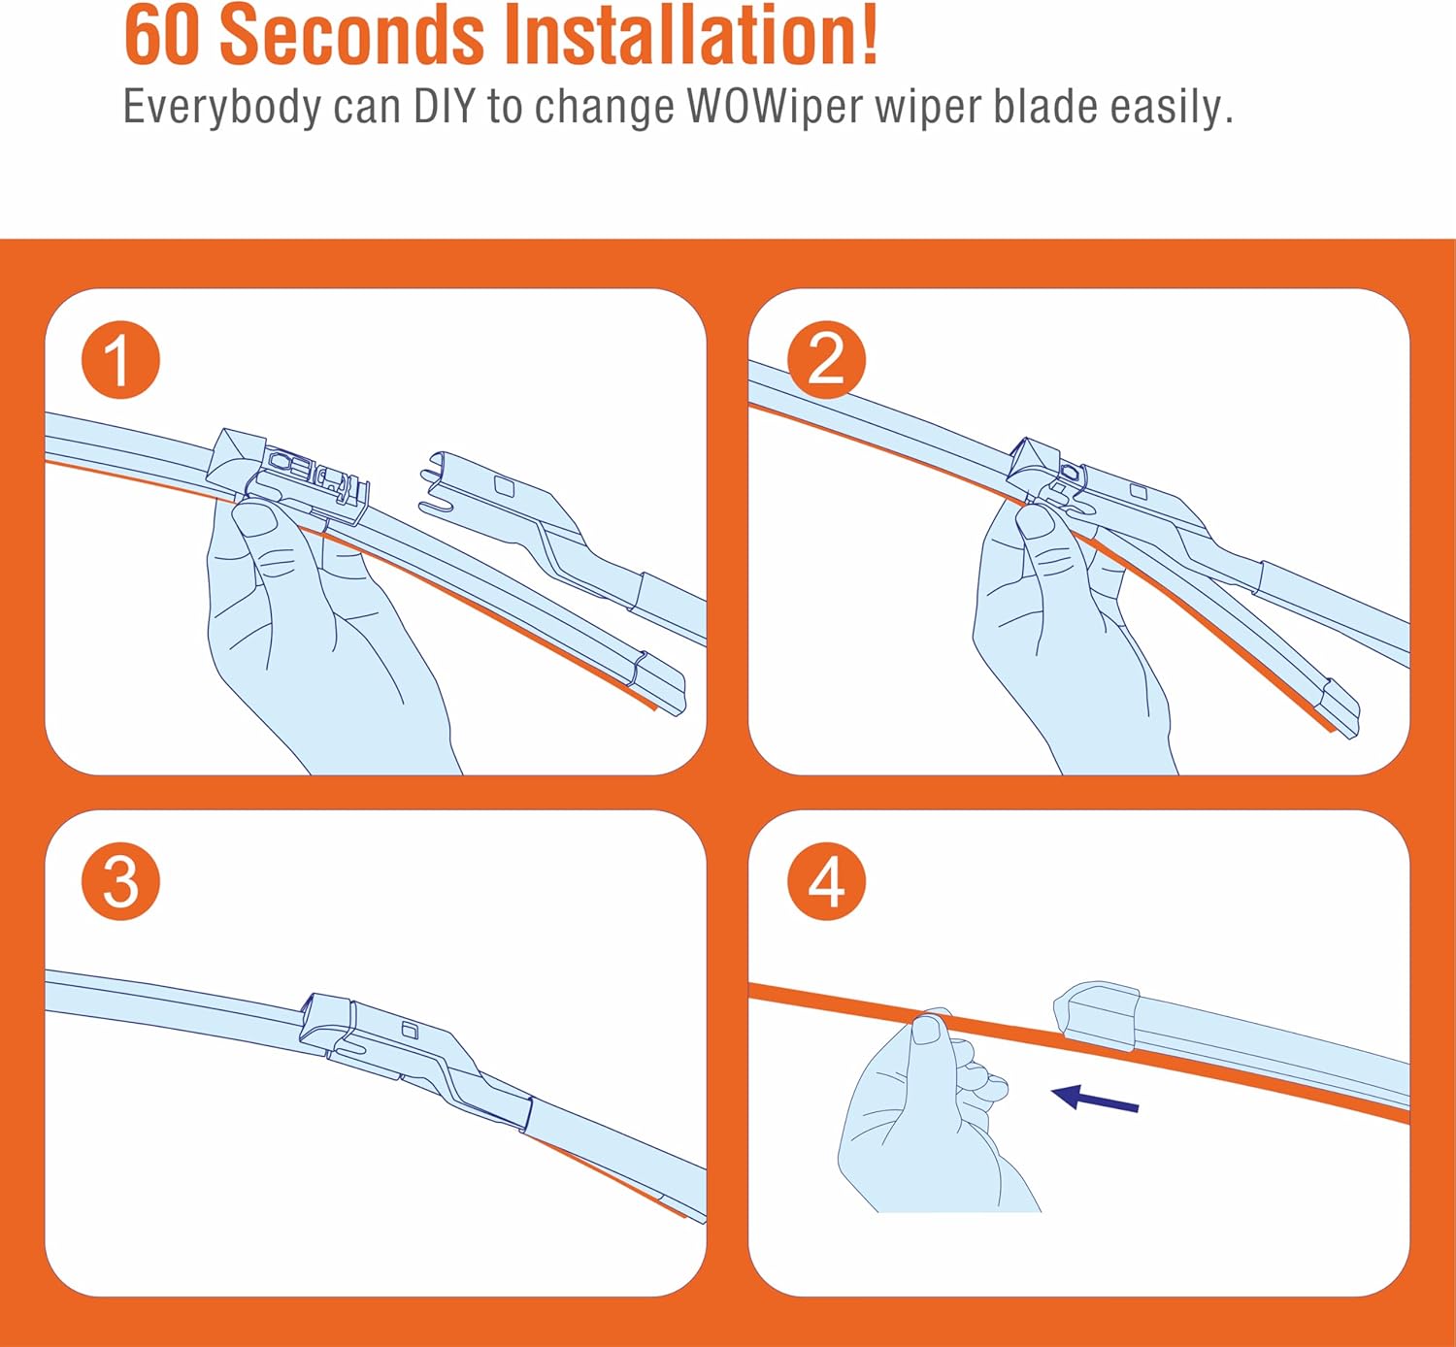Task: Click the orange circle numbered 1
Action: coord(120,359)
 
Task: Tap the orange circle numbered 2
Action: coord(826,359)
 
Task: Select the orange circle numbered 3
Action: coord(120,881)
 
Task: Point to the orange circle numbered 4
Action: coord(826,881)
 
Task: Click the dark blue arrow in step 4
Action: coord(1095,1099)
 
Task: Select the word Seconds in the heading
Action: coord(352,35)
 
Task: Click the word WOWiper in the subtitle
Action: coord(776,107)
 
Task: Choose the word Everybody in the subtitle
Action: coord(222,107)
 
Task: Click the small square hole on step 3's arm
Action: coord(410,1031)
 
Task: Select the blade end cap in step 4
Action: coord(1097,1014)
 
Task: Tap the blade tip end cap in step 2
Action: coord(1339,707)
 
